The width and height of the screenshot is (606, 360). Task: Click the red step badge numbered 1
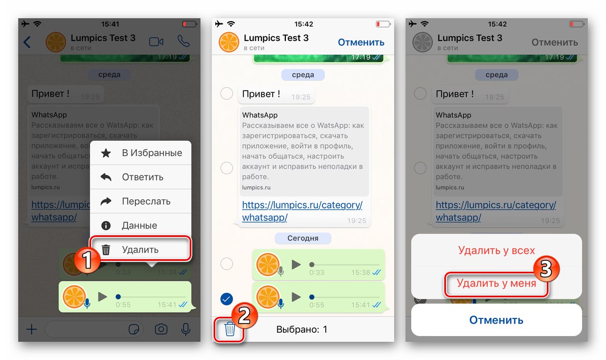click(85, 261)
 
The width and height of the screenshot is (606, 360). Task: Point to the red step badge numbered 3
click(546, 270)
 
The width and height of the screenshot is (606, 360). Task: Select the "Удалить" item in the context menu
click(141, 249)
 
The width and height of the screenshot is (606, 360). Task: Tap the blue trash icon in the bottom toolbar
click(230, 329)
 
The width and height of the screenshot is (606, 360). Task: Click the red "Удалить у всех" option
click(496, 251)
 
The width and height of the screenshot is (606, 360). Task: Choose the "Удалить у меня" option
click(496, 283)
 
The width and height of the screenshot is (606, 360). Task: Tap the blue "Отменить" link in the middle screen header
click(361, 42)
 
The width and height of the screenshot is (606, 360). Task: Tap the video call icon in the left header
click(155, 42)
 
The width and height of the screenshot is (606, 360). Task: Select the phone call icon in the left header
click(183, 42)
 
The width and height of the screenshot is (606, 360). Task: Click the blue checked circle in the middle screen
click(227, 299)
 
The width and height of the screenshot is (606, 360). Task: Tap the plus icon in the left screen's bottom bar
click(32, 329)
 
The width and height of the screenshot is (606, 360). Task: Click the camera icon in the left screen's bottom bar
click(161, 329)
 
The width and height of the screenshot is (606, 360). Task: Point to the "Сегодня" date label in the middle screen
click(302, 238)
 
